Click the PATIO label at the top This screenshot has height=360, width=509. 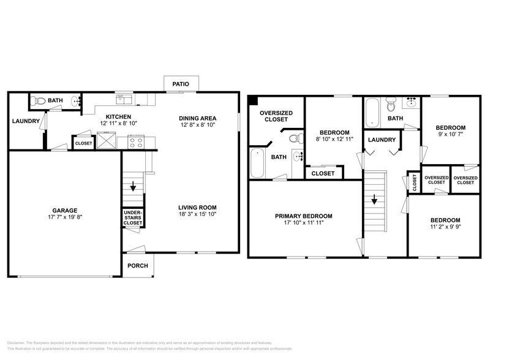180,84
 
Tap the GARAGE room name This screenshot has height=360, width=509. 64,210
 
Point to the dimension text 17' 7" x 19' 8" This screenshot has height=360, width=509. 64,217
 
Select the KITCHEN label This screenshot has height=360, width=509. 118,117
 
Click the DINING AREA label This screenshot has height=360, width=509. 197,118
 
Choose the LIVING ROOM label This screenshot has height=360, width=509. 197,207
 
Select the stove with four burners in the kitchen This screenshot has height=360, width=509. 136,143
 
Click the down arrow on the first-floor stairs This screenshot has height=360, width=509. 133,187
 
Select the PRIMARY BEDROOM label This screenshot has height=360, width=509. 303,216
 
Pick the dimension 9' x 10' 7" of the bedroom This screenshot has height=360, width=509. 450,135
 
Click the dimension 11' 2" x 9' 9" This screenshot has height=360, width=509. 445,228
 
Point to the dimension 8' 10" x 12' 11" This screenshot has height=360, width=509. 334,140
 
